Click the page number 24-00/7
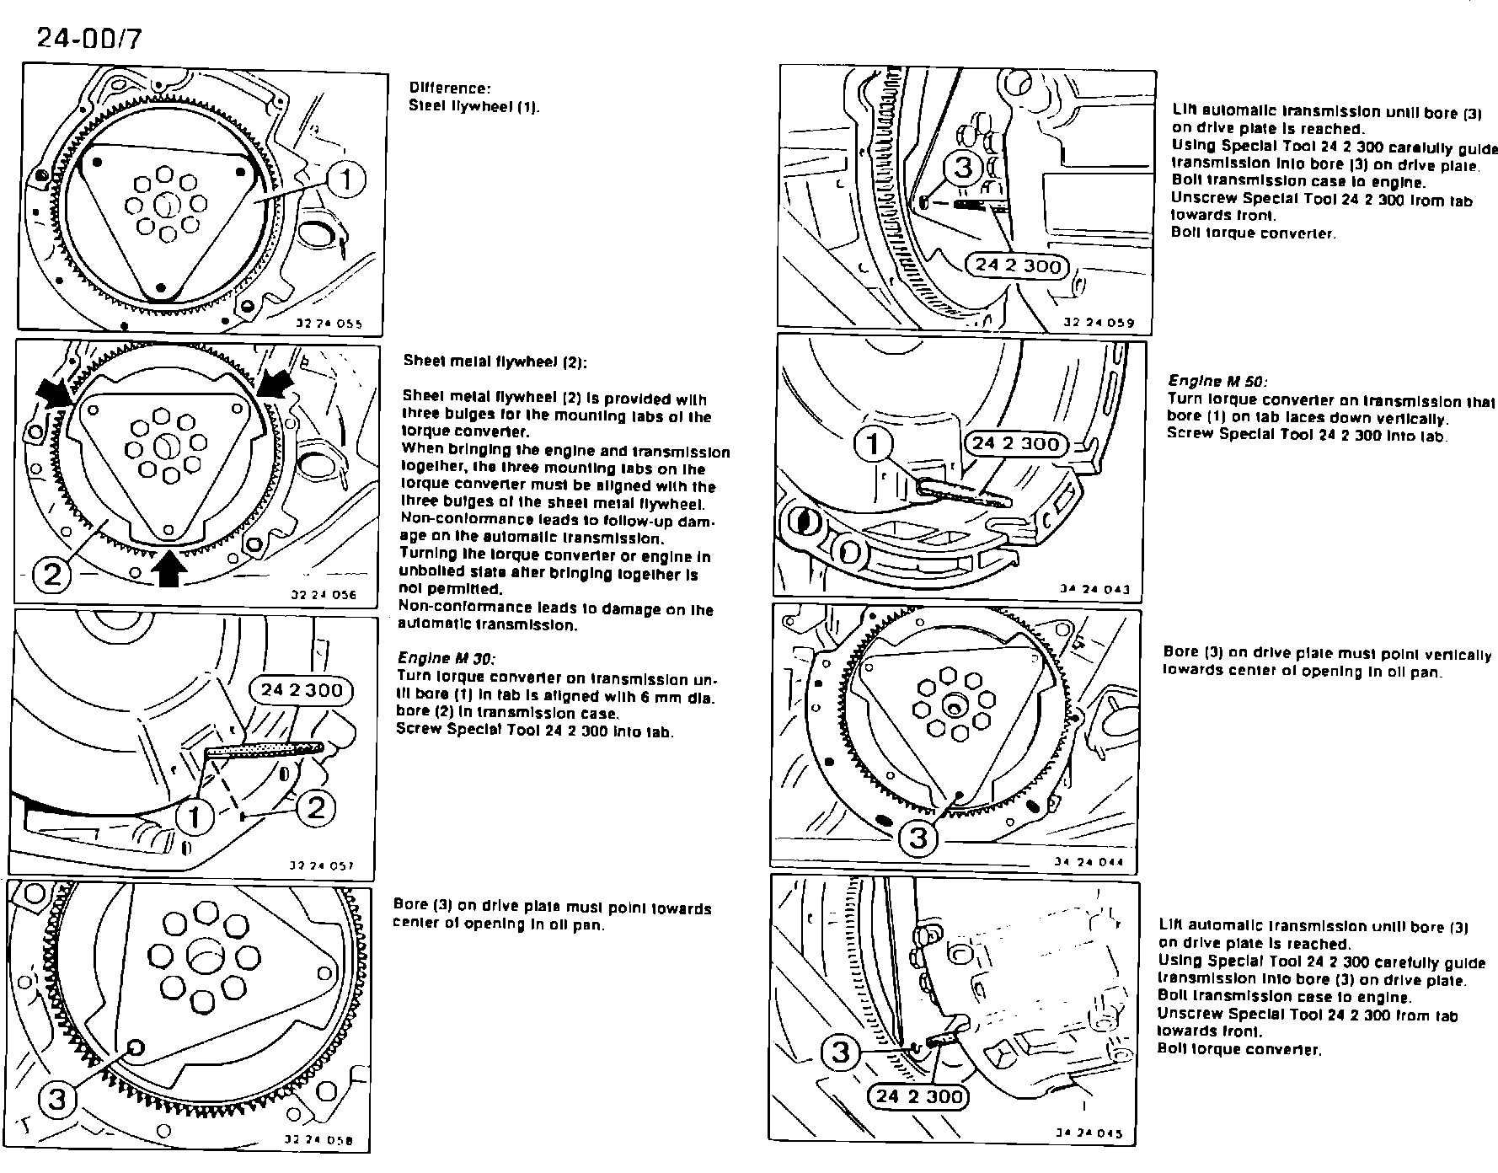pos(88,39)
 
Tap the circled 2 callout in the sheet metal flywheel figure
pos(52,575)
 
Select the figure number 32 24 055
pos(329,323)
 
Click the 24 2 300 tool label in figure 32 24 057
pos(302,690)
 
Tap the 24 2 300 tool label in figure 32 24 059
pos(1017,265)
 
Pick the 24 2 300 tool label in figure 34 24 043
pos(1015,443)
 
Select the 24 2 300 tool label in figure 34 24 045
pos(918,1096)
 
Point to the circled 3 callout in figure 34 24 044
pos(918,838)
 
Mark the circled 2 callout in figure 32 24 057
pos(316,807)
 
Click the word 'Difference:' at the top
pos(449,88)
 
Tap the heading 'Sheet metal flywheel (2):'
pos(495,362)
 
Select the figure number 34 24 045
pos(1089,1133)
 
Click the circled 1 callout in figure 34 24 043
pos(874,443)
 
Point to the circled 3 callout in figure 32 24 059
pos(964,168)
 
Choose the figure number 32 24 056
pos(324,594)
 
